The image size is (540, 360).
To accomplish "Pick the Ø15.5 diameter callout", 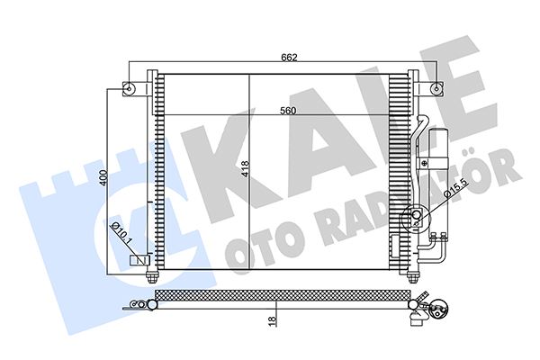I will [x=453, y=190].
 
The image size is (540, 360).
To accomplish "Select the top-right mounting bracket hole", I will [x=436, y=88].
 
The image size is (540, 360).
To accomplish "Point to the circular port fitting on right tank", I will [x=416, y=216].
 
